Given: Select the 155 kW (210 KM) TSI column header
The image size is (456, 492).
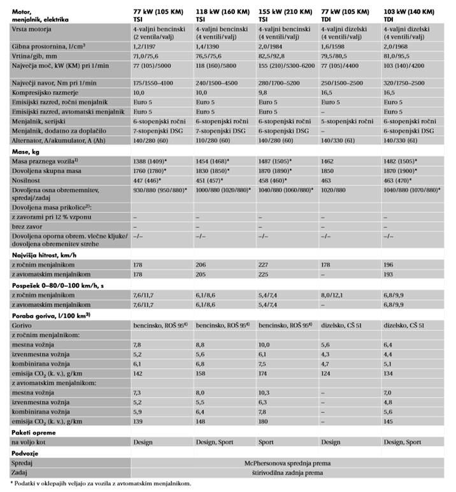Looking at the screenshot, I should point(285,15).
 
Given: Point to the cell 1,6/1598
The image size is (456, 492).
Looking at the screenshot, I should point(336,47).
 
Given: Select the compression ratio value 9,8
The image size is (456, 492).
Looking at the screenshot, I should point(263,93).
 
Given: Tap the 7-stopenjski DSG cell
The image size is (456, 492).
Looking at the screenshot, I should point(159,130).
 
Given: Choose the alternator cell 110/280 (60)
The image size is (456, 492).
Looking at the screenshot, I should point(217,139).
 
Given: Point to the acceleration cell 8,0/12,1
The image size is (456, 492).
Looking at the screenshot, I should point(336,295).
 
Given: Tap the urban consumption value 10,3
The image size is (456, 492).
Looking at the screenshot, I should point(264,393).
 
